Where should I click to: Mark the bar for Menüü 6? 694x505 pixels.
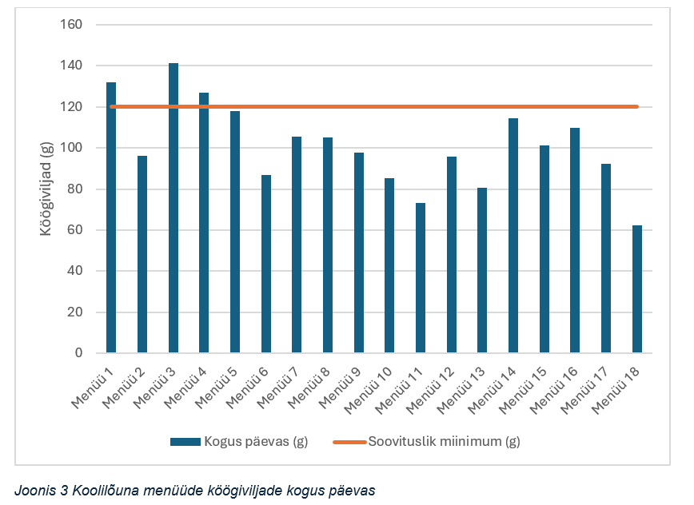tap(266, 264)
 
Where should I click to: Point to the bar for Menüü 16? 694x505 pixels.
tap(575, 241)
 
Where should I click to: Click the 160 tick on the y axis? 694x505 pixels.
tap(72, 25)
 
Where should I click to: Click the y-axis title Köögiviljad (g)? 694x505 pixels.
tap(46, 189)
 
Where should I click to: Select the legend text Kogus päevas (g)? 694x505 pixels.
tap(255, 441)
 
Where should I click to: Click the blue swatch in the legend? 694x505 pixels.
tap(184, 441)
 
